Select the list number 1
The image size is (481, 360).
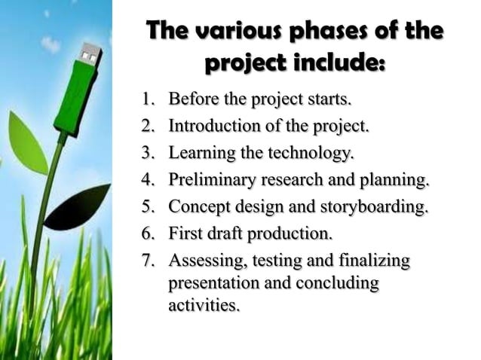click(x=148, y=99)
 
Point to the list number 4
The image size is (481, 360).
click(x=148, y=180)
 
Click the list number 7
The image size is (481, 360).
click(x=148, y=261)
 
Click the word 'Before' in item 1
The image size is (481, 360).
click(x=194, y=99)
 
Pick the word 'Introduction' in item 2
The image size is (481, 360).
click(x=213, y=126)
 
